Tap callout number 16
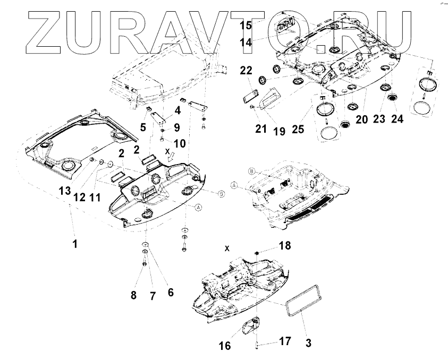[x=225, y=346]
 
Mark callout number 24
[x=396, y=119]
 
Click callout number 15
[x=246, y=25]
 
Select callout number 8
[x=134, y=295]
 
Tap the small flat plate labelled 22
[x=249, y=98]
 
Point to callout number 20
[x=361, y=120]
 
